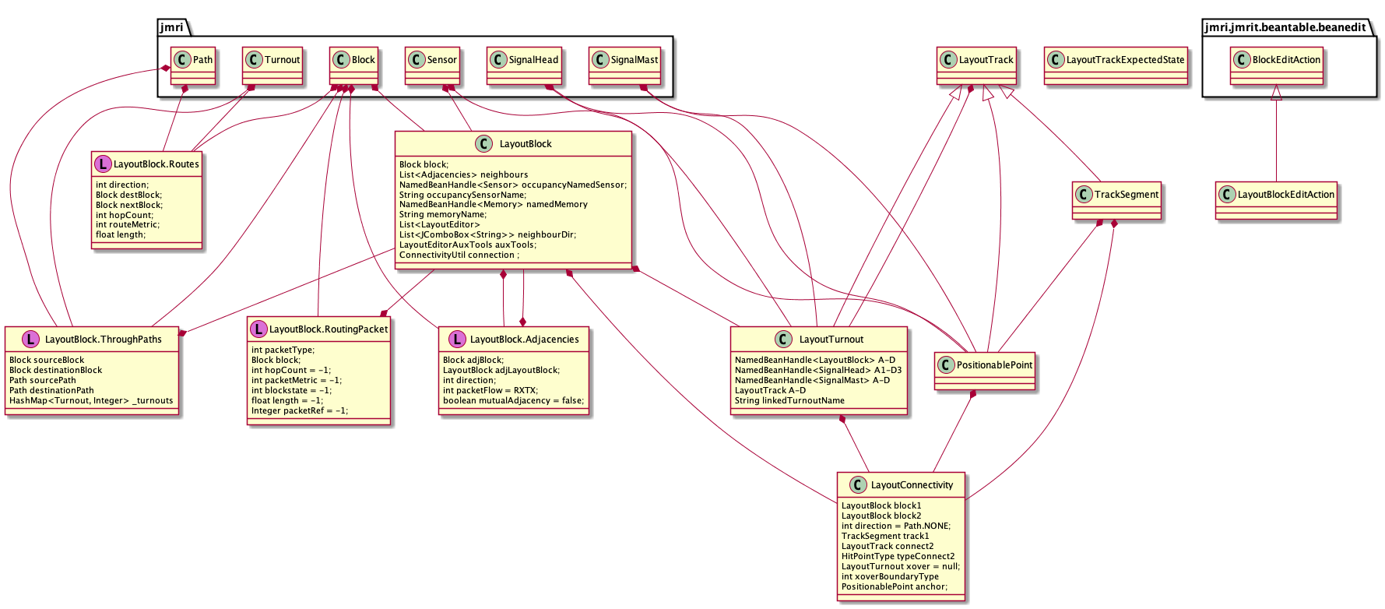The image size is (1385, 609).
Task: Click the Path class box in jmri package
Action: point(192,60)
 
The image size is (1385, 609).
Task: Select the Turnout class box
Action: point(272,60)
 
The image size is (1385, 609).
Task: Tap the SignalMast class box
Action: point(625,60)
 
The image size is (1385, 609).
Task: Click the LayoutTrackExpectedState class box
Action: point(1116,60)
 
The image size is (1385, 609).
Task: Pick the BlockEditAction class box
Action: point(1277,60)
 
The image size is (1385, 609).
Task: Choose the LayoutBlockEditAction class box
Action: point(1277,195)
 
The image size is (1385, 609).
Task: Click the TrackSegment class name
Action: point(1127,195)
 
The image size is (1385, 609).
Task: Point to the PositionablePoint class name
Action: point(994,365)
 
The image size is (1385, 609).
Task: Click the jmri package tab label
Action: point(171,27)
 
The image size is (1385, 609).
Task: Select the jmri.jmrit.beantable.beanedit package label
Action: point(1285,27)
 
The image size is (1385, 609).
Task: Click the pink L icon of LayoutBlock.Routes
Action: point(103,164)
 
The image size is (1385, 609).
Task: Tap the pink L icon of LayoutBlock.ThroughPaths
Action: point(30,340)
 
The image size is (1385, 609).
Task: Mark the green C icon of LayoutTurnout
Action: point(784,340)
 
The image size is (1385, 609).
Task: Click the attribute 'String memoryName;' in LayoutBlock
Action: point(442,215)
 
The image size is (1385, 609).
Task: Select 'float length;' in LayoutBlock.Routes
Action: point(121,235)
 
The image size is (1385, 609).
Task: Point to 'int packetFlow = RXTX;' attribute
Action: point(490,391)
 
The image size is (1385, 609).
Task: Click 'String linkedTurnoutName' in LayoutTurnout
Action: point(789,401)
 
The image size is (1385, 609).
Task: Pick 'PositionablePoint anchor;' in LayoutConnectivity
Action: point(895,587)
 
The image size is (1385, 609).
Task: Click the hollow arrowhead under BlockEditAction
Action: point(1276,93)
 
